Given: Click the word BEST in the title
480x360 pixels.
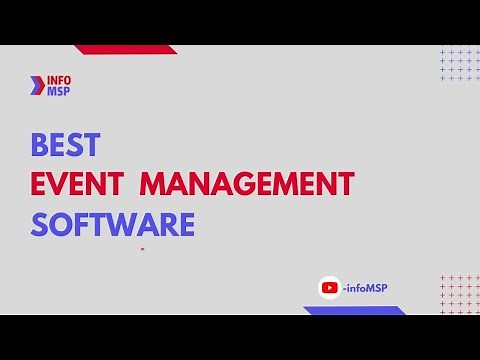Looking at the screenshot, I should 65,146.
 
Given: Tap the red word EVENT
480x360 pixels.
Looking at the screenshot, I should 78,185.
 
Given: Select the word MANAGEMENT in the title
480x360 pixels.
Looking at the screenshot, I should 246,185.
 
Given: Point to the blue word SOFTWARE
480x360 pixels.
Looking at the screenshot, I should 112,224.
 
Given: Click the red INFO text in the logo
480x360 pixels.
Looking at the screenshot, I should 59,80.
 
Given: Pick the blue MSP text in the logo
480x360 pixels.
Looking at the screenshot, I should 59,91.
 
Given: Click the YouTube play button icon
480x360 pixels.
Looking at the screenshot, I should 329,288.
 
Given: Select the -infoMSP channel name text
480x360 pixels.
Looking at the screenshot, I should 364,288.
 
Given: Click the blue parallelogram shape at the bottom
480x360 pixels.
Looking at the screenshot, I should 355,310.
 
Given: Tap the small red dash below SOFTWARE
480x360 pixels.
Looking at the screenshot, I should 143,248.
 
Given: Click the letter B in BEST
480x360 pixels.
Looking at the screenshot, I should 39,146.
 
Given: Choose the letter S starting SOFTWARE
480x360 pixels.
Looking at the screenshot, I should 39,224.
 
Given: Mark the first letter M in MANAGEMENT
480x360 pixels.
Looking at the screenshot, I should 153,185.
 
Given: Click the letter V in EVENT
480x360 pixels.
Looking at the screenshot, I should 59,185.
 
